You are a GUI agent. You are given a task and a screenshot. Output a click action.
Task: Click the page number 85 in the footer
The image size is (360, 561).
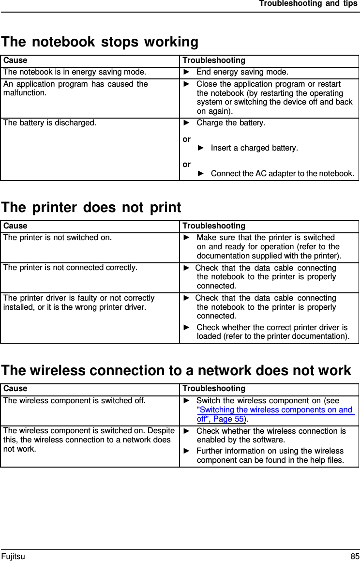point(355,556)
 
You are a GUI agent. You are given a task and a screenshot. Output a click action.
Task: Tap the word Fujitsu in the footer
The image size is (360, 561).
point(13,556)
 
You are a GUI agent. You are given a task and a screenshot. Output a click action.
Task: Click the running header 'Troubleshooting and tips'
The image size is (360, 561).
point(308,4)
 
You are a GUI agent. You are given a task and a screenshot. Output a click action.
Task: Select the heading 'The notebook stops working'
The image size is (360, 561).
point(100,42)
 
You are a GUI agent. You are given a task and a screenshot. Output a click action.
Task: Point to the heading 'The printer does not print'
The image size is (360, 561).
point(91,208)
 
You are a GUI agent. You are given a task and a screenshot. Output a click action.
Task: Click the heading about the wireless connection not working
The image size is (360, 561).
point(176,371)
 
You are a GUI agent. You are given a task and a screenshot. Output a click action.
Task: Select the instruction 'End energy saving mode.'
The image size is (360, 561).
point(242,73)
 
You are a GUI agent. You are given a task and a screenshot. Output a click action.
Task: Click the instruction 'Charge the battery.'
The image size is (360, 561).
point(231,122)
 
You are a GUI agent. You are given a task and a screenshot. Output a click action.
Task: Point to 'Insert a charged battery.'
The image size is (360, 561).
point(255,148)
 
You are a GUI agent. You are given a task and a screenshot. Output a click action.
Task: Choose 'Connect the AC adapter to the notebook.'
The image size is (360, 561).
point(282,173)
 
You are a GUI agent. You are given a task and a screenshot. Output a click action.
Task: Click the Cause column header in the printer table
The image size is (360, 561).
point(15,226)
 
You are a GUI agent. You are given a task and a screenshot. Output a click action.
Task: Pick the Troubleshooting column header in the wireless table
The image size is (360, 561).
point(214,389)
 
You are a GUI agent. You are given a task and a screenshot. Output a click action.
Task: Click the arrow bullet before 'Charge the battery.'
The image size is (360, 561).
point(187,122)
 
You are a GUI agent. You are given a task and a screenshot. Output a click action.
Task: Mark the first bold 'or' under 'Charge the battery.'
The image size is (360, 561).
point(187,139)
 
